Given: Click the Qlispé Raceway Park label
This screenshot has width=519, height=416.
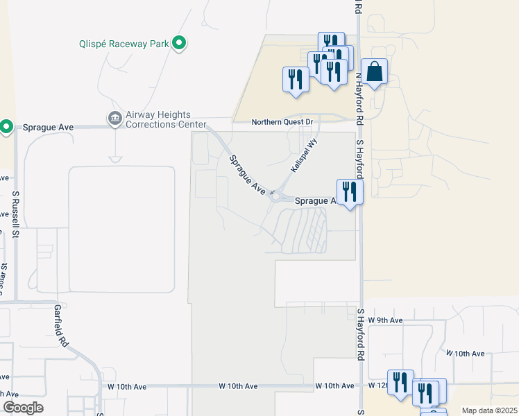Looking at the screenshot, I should (124, 44).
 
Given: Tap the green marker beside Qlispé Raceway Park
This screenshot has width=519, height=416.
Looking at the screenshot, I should (180, 44).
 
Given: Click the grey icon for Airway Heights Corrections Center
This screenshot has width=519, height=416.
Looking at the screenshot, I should (114, 119).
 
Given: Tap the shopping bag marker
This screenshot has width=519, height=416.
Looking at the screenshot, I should (374, 72).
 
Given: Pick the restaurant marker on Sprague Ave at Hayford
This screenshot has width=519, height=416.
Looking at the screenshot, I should (349, 191).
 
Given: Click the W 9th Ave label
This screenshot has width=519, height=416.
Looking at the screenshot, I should (385, 320).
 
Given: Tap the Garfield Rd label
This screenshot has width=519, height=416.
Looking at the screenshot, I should (62, 326).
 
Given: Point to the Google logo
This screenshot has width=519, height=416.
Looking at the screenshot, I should (23, 408).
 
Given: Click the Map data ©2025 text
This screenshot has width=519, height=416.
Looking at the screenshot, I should (488, 410).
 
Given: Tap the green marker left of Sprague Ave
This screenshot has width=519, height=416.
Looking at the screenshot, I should (6, 126).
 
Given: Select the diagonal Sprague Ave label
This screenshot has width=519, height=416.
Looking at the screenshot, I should (248, 173).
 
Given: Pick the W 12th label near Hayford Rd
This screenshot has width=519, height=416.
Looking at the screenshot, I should (379, 385).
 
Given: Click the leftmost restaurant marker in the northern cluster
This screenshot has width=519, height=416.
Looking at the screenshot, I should (295, 79).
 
